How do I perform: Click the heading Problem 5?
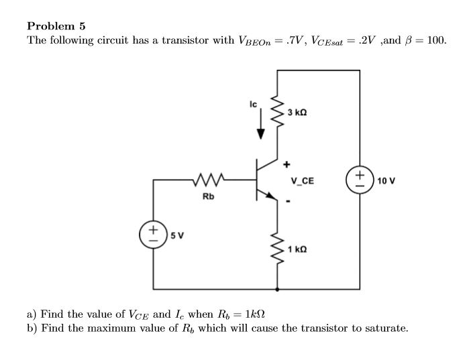click(56, 26)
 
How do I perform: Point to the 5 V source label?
click(178, 235)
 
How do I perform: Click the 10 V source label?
click(385, 181)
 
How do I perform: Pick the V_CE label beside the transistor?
click(302, 180)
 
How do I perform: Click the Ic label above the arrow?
click(253, 105)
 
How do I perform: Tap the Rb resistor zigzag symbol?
click(211, 180)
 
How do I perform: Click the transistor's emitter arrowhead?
click(270, 196)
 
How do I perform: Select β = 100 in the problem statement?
click(423, 40)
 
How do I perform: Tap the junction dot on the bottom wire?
click(277, 289)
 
